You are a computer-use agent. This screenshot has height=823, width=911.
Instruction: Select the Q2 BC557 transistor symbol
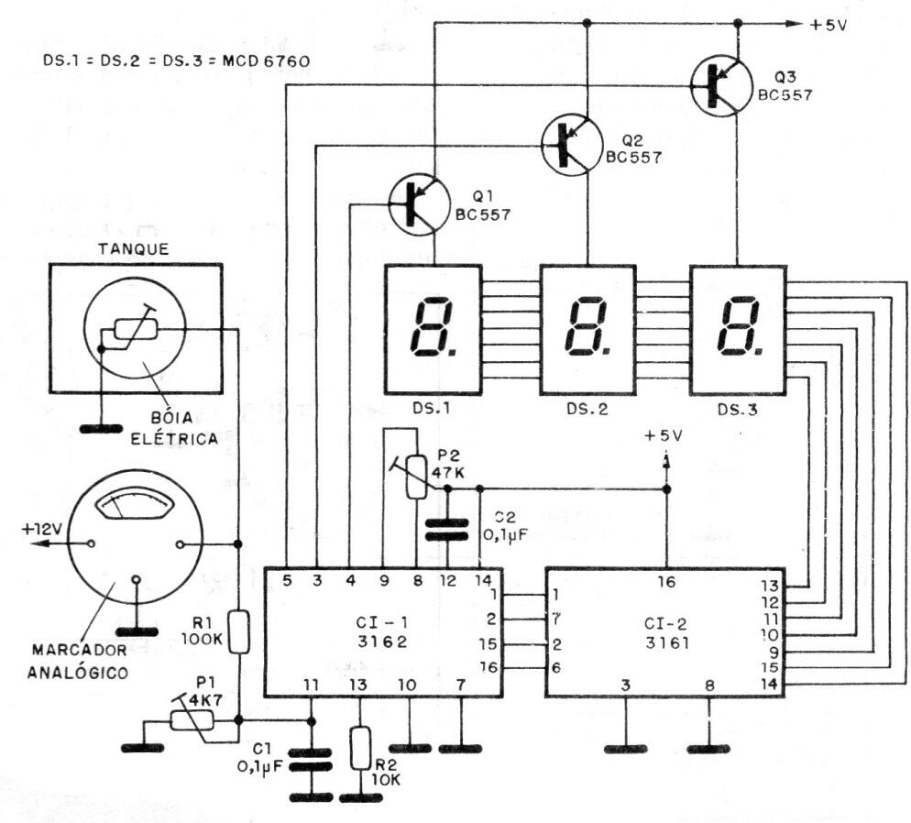(573, 143)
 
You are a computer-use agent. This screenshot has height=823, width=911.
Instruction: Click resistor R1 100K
(239, 632)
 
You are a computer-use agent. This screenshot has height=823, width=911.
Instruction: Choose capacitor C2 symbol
(448, 531)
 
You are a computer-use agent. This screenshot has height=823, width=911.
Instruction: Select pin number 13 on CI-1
(360, 683)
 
